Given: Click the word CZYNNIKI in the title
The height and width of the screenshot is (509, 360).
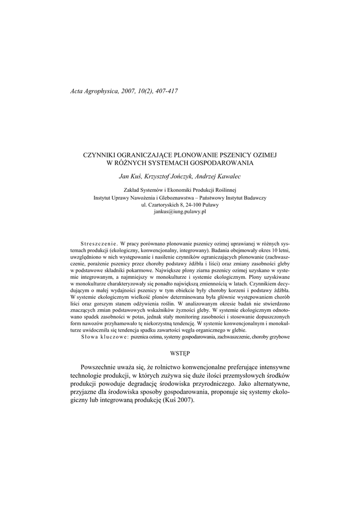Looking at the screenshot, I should pyautogui.click(x=101, y=155).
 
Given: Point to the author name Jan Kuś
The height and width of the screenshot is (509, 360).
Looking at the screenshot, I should pyautogui.click(x=128, y=176).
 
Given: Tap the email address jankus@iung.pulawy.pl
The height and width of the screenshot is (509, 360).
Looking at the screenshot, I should pyautogui.click(x=180, y=211).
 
